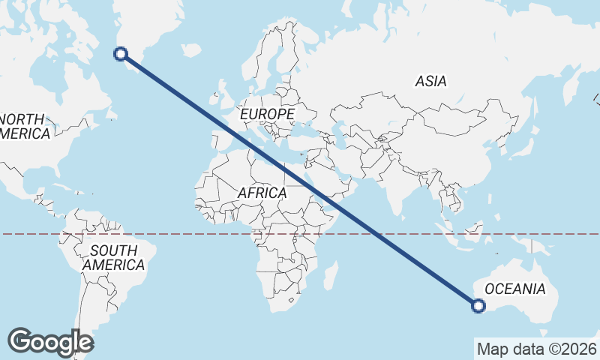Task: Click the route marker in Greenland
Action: (x=120, y=53)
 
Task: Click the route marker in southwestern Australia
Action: (x=478, y=304)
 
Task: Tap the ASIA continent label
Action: (x=430, y=81)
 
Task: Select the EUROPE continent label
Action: (x=267, y=114)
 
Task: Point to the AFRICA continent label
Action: (x=262, y=193)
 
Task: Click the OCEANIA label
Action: (x=514, y=289)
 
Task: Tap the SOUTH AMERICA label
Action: (x=113, y=257)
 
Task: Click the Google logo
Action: (x=51, y=342)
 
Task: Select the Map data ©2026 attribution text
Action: (x=536, y=349)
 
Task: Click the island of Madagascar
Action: (x=328, y=276)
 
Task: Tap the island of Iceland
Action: (x=192, y=50)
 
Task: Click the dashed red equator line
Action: (x=187, y=234)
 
